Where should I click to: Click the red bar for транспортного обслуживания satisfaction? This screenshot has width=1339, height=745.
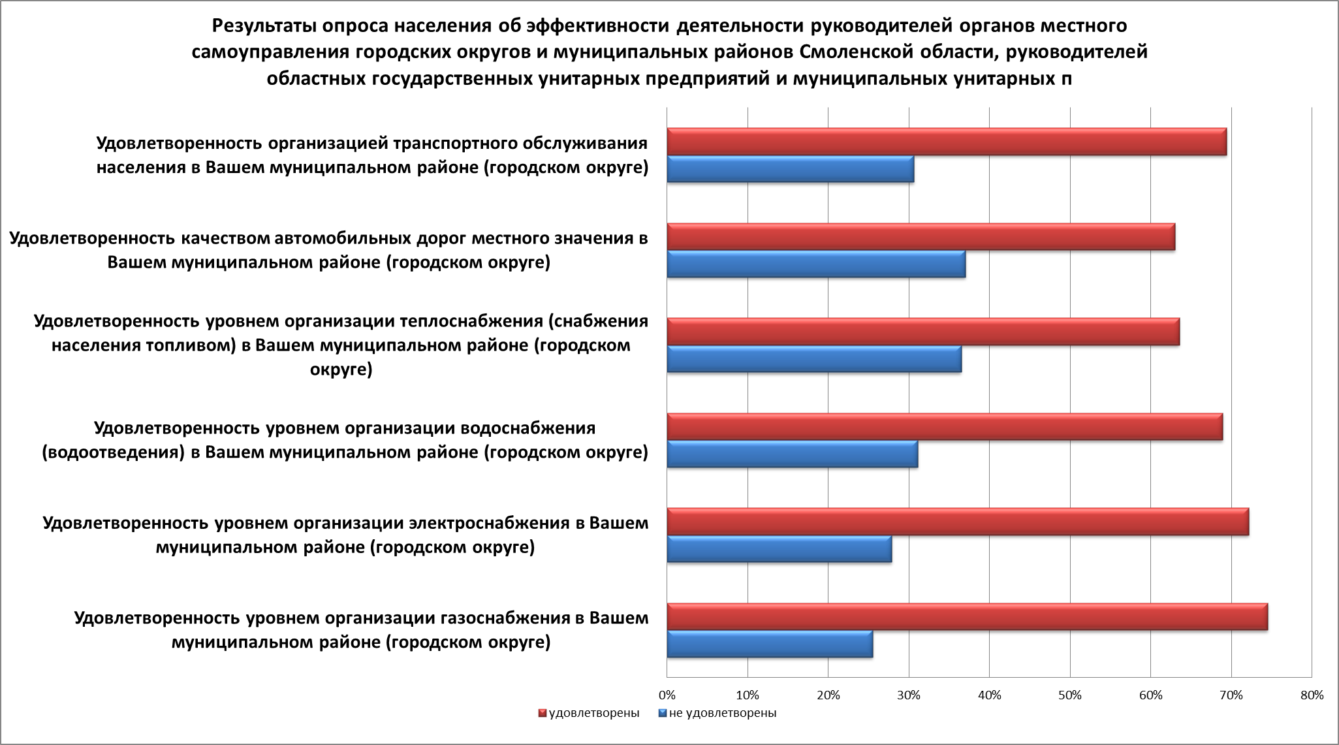click(x=947, y=142)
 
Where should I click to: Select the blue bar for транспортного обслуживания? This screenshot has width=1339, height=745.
click(x=790, y=169)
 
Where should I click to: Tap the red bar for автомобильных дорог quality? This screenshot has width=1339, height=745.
click(x=921, y=236)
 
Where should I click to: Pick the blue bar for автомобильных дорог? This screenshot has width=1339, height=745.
click(x=816, y=264)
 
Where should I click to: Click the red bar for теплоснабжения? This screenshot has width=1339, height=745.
click(x=923, y=332)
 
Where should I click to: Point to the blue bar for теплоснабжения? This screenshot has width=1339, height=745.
click(x=814, y=359)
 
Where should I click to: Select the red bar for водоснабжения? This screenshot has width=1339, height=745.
click(x=945, y=427)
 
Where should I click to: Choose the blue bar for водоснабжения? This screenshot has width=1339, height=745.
click(x=792, y=454)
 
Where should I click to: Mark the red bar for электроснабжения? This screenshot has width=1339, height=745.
click(x=958, y=522)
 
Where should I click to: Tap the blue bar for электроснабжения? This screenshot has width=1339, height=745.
click(x=779, y=549)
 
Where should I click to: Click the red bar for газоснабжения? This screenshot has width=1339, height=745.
click(x=967, y=617)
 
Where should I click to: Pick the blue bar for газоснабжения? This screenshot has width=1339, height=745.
click(x=770, y=644)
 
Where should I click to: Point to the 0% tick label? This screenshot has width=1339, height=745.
click(x=667, y=695)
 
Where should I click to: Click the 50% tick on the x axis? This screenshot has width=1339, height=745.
click(x=1070, y=695)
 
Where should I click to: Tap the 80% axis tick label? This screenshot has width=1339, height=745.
click(x=1312, y=695)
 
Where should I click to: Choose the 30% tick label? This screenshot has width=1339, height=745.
click(x=909, y=695)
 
